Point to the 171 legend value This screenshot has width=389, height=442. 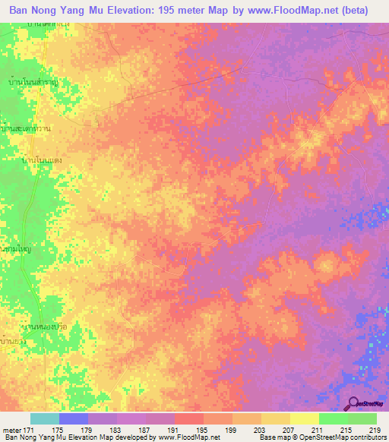[30, 430]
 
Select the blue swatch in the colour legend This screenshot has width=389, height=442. [74, 418]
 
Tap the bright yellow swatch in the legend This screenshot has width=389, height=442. [304, 418]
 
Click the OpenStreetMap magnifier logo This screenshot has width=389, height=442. [353, 403]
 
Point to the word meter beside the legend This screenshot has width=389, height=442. [11, 430]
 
